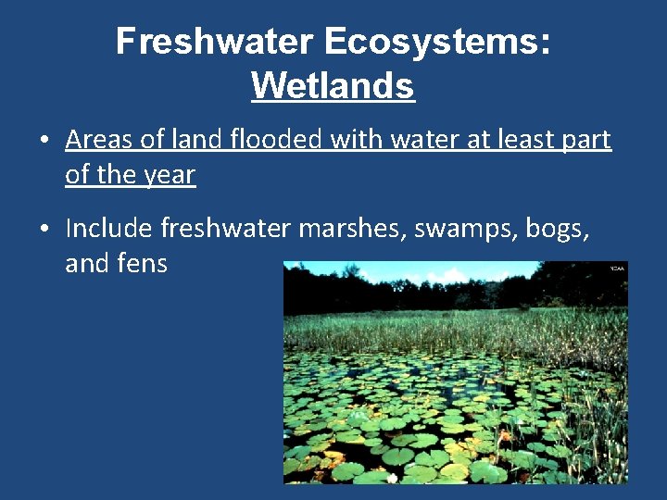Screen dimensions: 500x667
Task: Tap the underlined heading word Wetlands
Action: pos(333,86)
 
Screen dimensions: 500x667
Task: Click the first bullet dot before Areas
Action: pos(44,142)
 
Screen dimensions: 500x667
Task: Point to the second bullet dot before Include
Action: pos(44,229)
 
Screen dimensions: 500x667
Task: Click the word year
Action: pos(169,175)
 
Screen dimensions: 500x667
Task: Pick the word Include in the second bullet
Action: pos(109,227)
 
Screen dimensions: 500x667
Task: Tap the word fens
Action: pos(142,263)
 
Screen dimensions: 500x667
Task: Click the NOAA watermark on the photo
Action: pos(617,269)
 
